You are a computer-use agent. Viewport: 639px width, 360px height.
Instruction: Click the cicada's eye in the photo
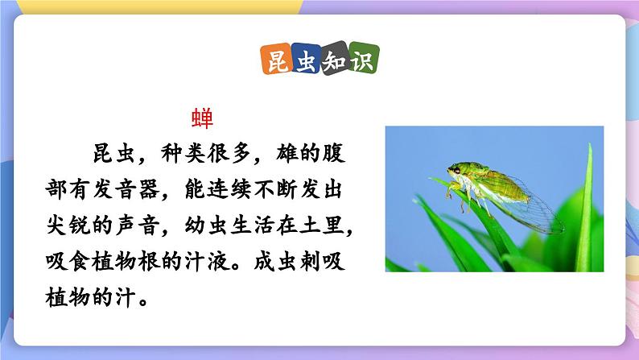coord(456,170)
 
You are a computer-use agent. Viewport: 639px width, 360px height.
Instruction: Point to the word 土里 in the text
coord(330,228)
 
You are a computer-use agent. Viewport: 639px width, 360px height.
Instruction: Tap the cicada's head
coord(456,172)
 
